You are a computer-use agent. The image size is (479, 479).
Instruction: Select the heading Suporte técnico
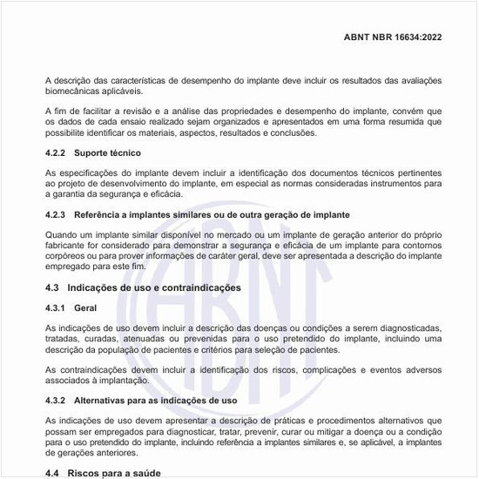coord(105,152)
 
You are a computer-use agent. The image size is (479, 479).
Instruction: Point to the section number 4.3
coord(52,287)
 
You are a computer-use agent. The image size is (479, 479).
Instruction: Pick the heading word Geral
coord(86,308)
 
